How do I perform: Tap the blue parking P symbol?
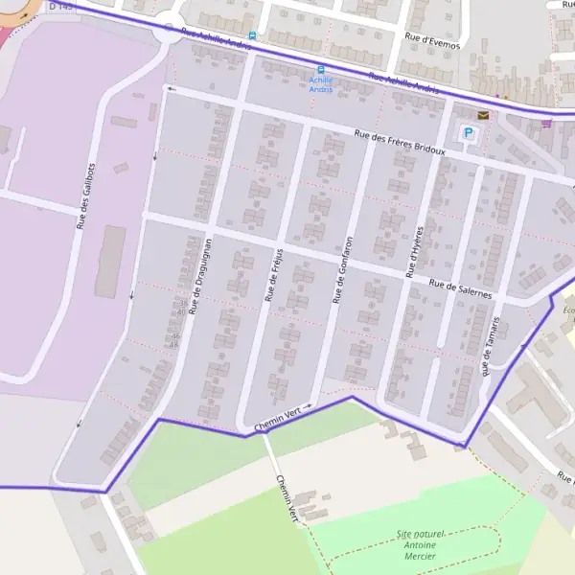pyautogui.click(x=469, y=133)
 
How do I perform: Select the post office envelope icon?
pyautogui.click(x=483, y=115)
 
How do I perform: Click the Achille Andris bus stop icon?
pyautogui.click(x=320, y=69)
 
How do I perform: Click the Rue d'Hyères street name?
pyautogui.click(x=413, y=252)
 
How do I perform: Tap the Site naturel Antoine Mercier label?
pyautogui.click(x=414, y=544)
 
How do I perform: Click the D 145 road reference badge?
pyautogui.click(x=61, y=6)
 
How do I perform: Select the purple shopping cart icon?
pyautogui.click(x=546, y=122)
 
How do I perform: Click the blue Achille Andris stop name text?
pyautogui.click(x=320, y=84)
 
